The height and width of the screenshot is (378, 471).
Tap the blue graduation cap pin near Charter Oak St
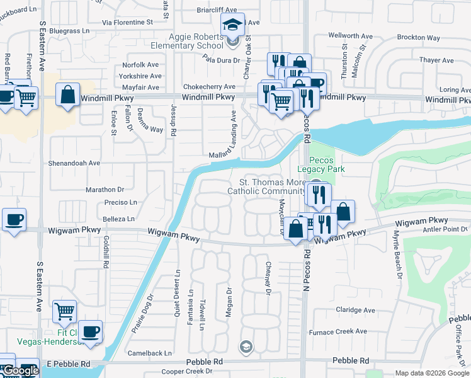tap(232, 26)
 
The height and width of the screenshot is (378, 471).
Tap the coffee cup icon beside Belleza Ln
tap(14, 220)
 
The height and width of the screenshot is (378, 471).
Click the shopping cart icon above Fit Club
tap(64, 311)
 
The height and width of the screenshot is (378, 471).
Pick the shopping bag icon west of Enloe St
tap(67, 95)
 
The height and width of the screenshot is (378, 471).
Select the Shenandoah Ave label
tap(74, 163)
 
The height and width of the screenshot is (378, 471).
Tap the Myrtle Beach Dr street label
tap(397, 253)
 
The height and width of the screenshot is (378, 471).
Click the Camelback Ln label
tap(150, 353)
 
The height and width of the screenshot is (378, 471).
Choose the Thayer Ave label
tap(436, 60)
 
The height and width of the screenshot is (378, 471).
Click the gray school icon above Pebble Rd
tap(246, 346)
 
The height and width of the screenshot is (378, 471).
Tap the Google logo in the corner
tap(20, 370)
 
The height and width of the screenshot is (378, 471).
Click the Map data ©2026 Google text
tap(432, 373)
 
